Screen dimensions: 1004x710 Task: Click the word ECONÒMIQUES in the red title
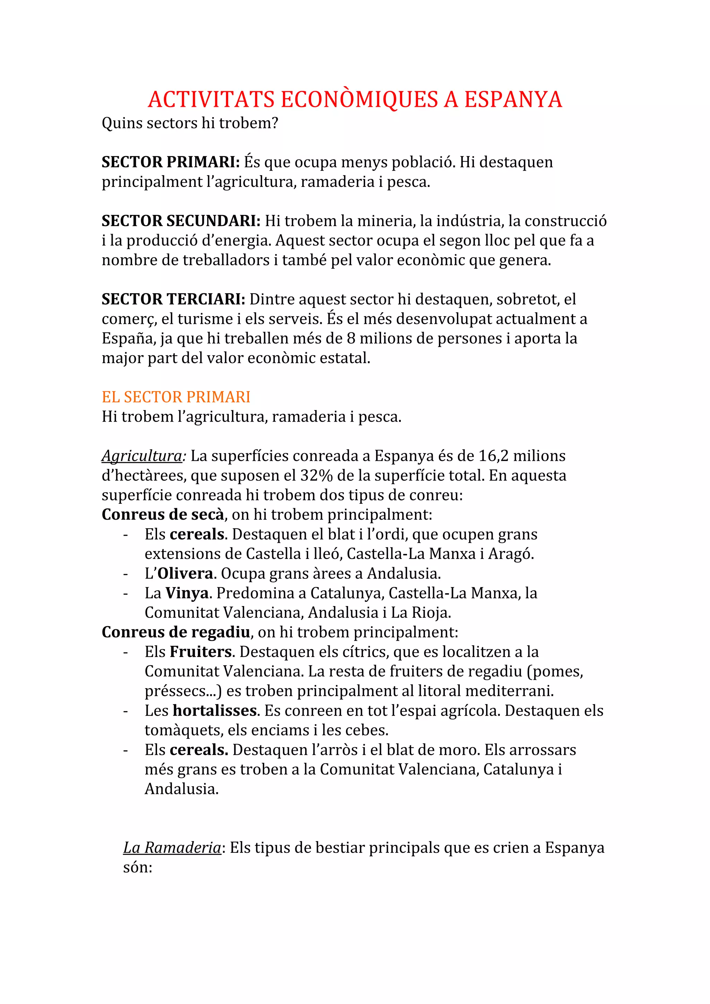click(359, 100)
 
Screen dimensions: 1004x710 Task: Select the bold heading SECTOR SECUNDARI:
click(181, 221)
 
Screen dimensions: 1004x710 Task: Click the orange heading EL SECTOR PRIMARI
click(176, 397)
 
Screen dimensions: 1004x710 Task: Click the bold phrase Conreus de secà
click(163, 515)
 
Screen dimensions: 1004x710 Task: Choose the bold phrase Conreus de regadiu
click(176, 632)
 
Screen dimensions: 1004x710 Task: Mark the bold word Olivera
click(185, 573)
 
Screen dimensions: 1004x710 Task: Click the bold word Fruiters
click(201, 652)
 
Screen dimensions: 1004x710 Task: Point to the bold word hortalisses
click(215, 711)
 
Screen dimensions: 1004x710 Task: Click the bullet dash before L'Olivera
click(126, 573)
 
